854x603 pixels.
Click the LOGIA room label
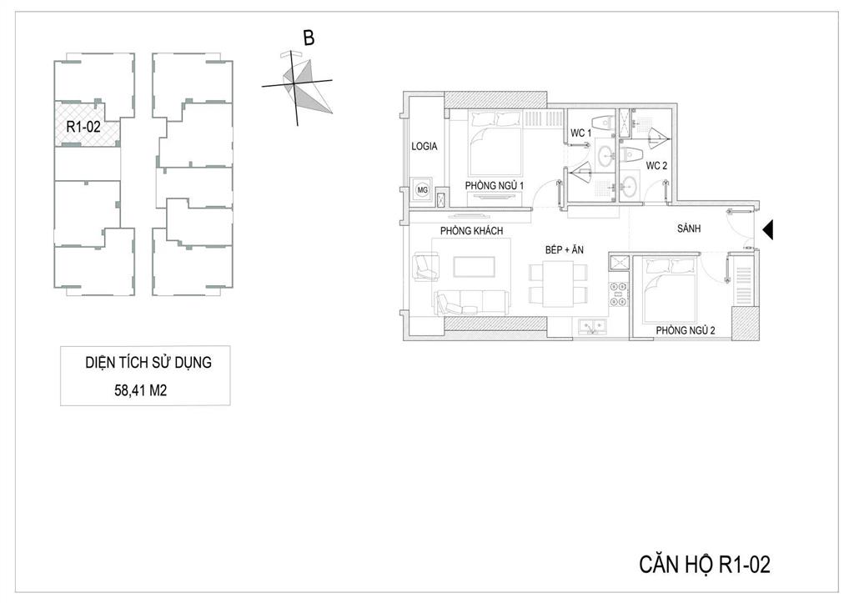[424, 146]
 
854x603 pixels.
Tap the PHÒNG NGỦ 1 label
[494, 185]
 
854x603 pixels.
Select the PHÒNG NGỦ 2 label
[686, 330]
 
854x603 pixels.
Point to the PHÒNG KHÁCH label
[472, 230]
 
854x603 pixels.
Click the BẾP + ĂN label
[565, 249]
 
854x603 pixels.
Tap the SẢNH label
[689, 229]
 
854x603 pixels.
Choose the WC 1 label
[580, 133]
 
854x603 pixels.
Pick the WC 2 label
[656, 166]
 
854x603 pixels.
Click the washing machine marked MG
[422, 190]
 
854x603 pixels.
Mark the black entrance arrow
[768, 230]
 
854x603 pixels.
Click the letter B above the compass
[309, 38]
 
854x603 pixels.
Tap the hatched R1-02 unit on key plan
[86, 125]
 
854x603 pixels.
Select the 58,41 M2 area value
[140, 390]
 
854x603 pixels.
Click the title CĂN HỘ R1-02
[705, 565]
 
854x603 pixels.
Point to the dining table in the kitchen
[558, 284]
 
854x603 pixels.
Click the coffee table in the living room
[475, 267]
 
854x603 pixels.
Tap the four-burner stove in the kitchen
[618, 294]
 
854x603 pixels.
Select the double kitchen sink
[591, 326]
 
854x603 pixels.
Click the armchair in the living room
[426, 266]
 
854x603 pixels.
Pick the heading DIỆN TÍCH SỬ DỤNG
[148, 363]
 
